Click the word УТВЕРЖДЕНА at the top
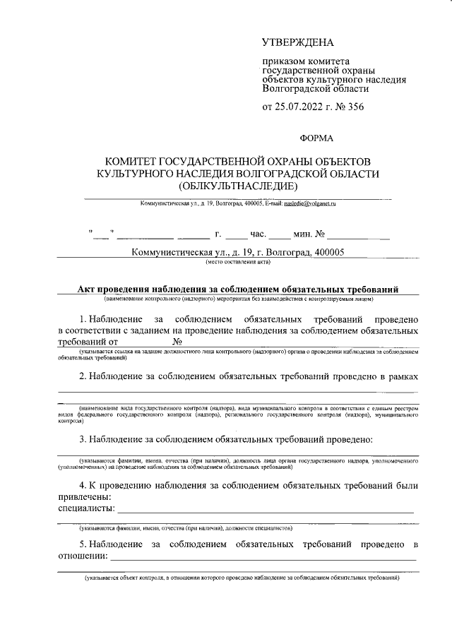297,44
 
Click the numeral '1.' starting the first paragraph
83,319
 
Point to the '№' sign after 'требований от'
178,342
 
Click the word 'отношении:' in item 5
83,556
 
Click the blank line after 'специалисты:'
266,508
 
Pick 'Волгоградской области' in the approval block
315,90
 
